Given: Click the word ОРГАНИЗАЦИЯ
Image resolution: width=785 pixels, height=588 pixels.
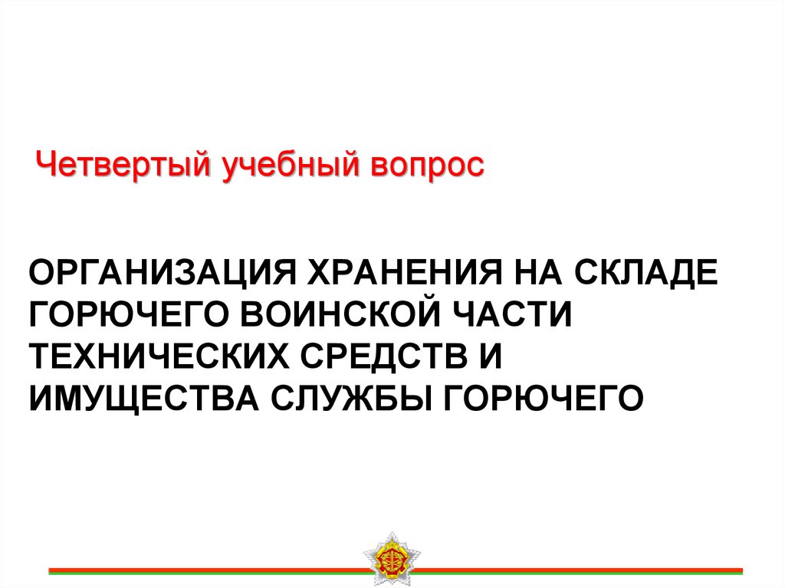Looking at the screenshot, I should pos(163,272).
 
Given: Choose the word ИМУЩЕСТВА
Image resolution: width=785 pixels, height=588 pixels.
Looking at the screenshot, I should pos(143,399).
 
